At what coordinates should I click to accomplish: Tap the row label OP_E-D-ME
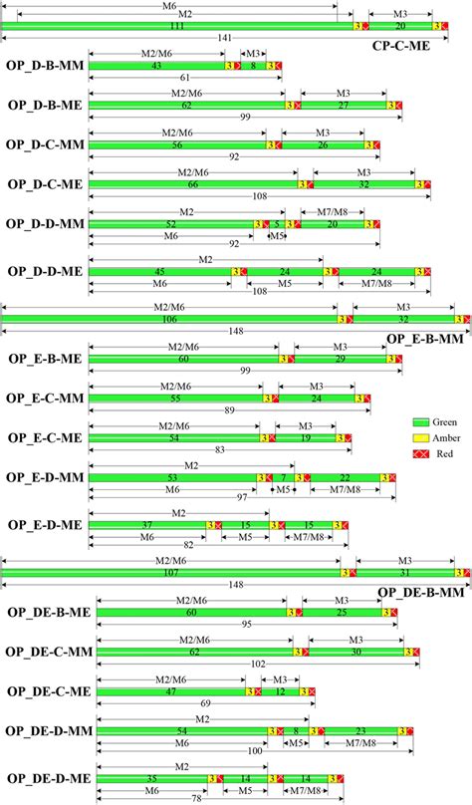(x=45, y=525)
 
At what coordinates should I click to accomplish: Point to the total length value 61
(x=185, y=77)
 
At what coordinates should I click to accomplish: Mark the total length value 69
(x=205, y=702)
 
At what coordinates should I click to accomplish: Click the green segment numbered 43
(x=156, y=65)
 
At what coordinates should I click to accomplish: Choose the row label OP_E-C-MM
(x=45, y=398)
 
